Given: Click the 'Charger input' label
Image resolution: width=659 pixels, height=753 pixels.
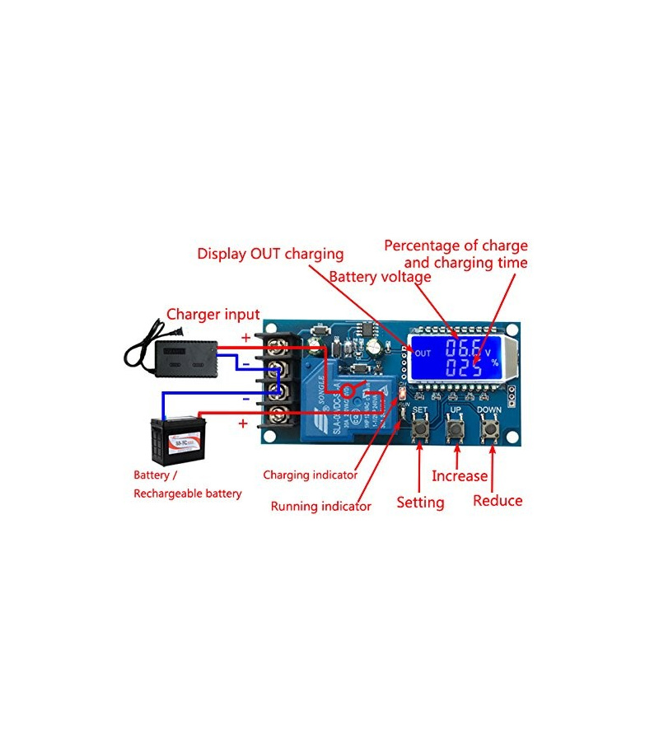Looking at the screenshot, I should [x=213, y=314].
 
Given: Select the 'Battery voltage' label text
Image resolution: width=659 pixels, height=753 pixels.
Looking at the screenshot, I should [x=380, y=277].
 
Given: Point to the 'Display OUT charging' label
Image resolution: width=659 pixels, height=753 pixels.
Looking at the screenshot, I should [x=270, y=254].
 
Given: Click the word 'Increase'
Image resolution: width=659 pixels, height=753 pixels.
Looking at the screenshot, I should [x=460, y=476].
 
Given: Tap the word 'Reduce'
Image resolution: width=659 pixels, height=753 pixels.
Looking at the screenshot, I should [x=498, y=500].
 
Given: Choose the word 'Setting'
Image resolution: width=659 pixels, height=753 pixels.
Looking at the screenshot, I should [x=420, y=502].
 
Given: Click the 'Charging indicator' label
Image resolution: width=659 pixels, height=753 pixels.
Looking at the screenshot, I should [x=310, y=475].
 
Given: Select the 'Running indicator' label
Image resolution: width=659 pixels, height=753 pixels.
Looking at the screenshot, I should [x=320, y=506].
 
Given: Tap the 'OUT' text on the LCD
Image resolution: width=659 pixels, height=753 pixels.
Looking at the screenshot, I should [x=423, y=353].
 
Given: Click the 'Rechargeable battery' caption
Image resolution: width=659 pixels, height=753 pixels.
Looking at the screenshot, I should [x=188, y=493].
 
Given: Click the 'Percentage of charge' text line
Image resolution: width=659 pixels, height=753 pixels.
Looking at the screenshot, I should [x=456, y=246].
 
